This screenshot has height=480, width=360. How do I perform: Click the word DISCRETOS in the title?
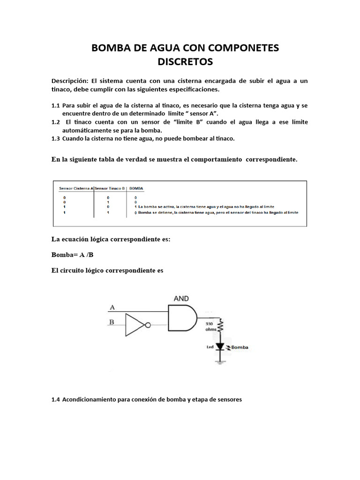[185, 61]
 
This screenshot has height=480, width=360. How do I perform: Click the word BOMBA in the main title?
[111, 47]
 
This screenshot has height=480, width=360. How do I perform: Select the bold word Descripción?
[69, 81]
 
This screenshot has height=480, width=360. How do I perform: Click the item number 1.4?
[56, 400]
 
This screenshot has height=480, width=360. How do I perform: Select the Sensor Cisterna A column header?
[76, 188]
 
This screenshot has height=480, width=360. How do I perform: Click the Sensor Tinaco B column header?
[110, 188]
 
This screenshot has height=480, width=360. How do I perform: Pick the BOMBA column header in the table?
[136, 188]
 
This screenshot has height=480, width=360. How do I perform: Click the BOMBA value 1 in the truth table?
[135, 206]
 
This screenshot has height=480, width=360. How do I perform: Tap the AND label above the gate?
[181, 298]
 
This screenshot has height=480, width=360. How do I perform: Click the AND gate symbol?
[183, 317]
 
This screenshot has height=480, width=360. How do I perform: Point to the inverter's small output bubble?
[147, 325]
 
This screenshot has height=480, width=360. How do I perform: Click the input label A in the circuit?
[112, 307]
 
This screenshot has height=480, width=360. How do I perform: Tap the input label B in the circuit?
[112, 322]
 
